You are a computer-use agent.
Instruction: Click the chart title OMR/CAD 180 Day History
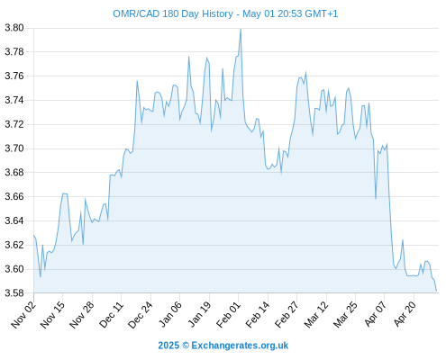(173, 13)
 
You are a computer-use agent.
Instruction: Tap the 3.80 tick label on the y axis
(14, 28)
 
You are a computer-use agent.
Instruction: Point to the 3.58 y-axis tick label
(14, 293)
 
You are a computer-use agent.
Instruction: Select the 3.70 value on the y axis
(14, 148)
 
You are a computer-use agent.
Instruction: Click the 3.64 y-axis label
(14, 220)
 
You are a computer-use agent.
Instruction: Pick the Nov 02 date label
(23, 315)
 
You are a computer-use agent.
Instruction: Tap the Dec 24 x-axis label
(140, 315)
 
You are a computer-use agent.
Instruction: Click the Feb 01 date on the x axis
(228, 315)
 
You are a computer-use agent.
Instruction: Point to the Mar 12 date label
(316, 315)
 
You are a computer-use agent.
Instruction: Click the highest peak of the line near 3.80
(241, 29)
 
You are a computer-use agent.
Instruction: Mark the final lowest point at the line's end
(436, 291)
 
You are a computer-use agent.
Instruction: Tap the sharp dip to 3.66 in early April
(376, 199)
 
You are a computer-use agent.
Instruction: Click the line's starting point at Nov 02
(33, 235)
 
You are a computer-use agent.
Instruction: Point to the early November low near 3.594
(41, 276)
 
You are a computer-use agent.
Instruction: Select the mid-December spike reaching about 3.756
(137, 81)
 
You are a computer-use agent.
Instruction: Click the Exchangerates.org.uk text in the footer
(240, 346)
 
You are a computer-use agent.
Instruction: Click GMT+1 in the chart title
(321, 13)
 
